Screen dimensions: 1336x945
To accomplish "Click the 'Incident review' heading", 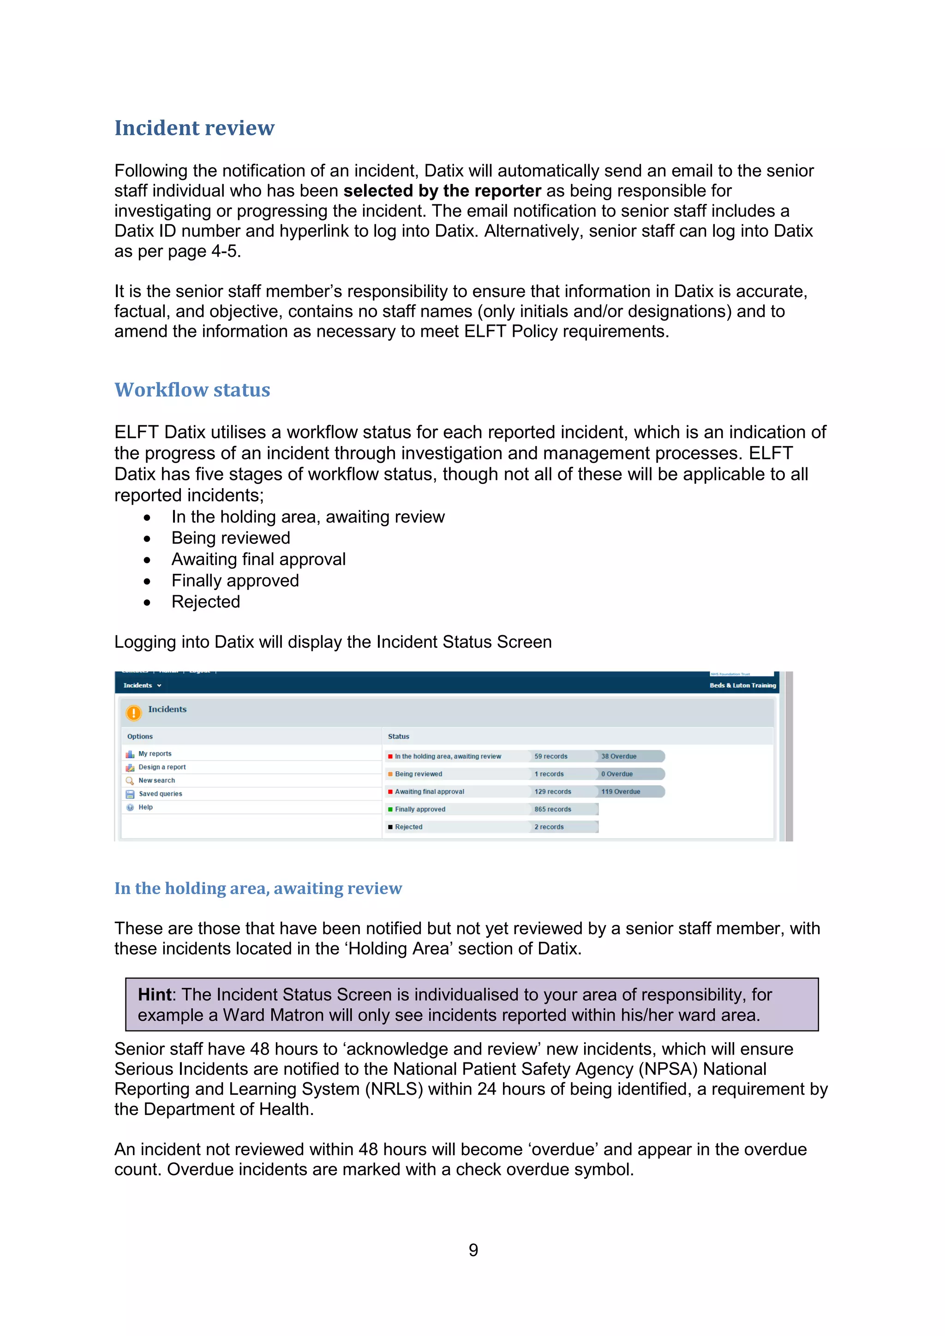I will [x=194, y=128].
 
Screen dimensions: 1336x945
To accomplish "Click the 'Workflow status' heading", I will [x=192, y=390].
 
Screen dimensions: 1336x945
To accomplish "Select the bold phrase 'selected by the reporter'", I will [x=442, y=191].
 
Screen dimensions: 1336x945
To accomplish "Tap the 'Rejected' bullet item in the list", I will [x=205, y=602].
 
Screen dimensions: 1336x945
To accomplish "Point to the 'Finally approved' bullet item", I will [x=234, y=581].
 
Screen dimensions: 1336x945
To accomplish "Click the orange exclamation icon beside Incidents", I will [x=134, y=712].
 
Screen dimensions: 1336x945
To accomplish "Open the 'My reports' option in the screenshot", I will [x=155, y=753].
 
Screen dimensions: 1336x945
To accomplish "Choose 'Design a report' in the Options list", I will [x=162, y=767].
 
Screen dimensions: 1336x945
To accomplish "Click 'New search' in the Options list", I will [x=156, y=780].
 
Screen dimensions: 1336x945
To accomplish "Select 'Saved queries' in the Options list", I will [x=160, y=793].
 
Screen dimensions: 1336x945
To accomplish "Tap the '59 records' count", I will [x=550, y=757].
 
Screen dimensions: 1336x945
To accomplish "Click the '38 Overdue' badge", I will [x=619, y=757].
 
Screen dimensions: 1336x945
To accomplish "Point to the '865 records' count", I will [x=553, y=810].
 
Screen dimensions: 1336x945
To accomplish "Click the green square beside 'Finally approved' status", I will [x=390, y=810].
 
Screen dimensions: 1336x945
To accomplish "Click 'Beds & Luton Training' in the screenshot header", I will [x=742, y=686].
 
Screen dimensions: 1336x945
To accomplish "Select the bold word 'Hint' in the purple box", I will [x=155, y=995].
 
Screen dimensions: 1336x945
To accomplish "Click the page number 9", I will [x=473, y=1249].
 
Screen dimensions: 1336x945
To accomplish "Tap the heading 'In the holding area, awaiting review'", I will [x=258, y=889].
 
